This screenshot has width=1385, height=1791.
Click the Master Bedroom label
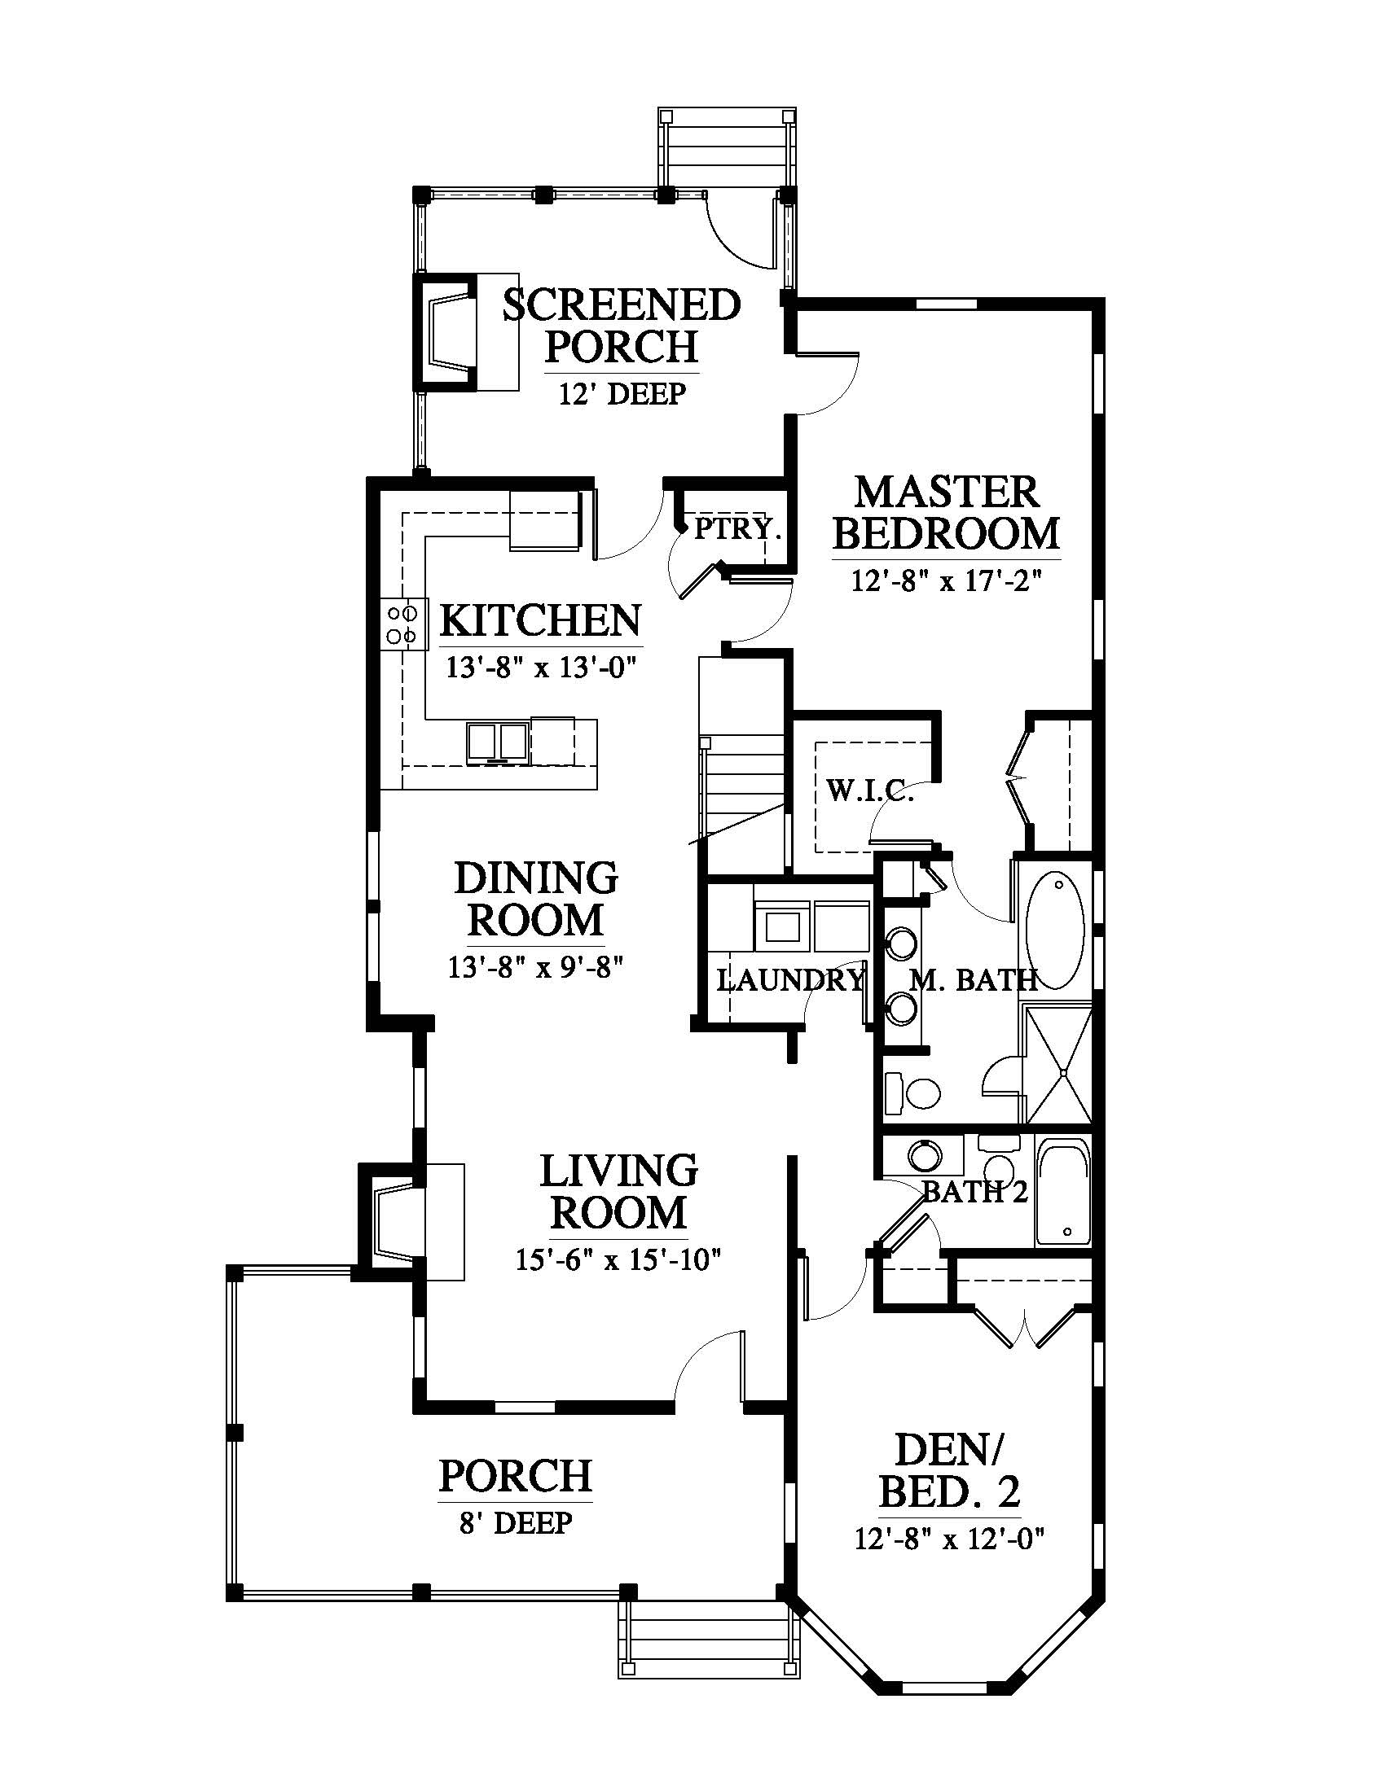(946, 514)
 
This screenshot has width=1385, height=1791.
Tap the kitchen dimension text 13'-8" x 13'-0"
(542, 668)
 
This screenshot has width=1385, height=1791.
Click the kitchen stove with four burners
(402, 624)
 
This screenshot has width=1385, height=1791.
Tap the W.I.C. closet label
(870, 792)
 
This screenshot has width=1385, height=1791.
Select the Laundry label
(790, 980)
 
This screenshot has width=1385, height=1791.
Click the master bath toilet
(912, 1093)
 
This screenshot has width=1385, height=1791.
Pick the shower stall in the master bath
(1058, 1066)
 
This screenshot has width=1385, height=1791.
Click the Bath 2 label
(974, 1192)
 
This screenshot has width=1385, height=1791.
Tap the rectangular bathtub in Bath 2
(1063, 1203)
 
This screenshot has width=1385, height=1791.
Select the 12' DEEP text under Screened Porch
(622, 395)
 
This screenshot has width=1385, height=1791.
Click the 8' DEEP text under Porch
(515, 1523)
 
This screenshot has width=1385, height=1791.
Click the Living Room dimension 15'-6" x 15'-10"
(618, 1259)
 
